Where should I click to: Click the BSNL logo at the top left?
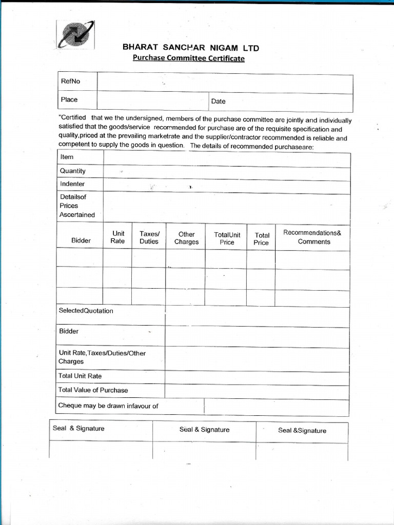click(75, 35)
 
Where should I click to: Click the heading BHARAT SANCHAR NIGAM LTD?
click(190, 48)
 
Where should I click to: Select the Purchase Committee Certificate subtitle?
click(188, 58)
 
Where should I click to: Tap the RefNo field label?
click(70, 81)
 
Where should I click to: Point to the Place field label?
click(69, 99)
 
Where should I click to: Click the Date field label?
click(218, 102)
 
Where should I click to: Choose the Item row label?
click(67, 157)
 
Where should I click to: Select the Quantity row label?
click(72, 171)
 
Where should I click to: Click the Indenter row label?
click(72, 184)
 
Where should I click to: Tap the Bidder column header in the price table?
click(81, 240)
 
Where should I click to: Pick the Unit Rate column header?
click(117, 237)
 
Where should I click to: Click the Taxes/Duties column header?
click(149, 237)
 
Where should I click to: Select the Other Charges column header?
click(186, 238)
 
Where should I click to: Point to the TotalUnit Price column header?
click(227, 238)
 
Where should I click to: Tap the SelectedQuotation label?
click(86, 311)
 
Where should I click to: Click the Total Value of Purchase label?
click(93, 390)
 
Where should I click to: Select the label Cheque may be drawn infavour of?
click(108, 406)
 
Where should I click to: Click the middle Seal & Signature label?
click(204, 430)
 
